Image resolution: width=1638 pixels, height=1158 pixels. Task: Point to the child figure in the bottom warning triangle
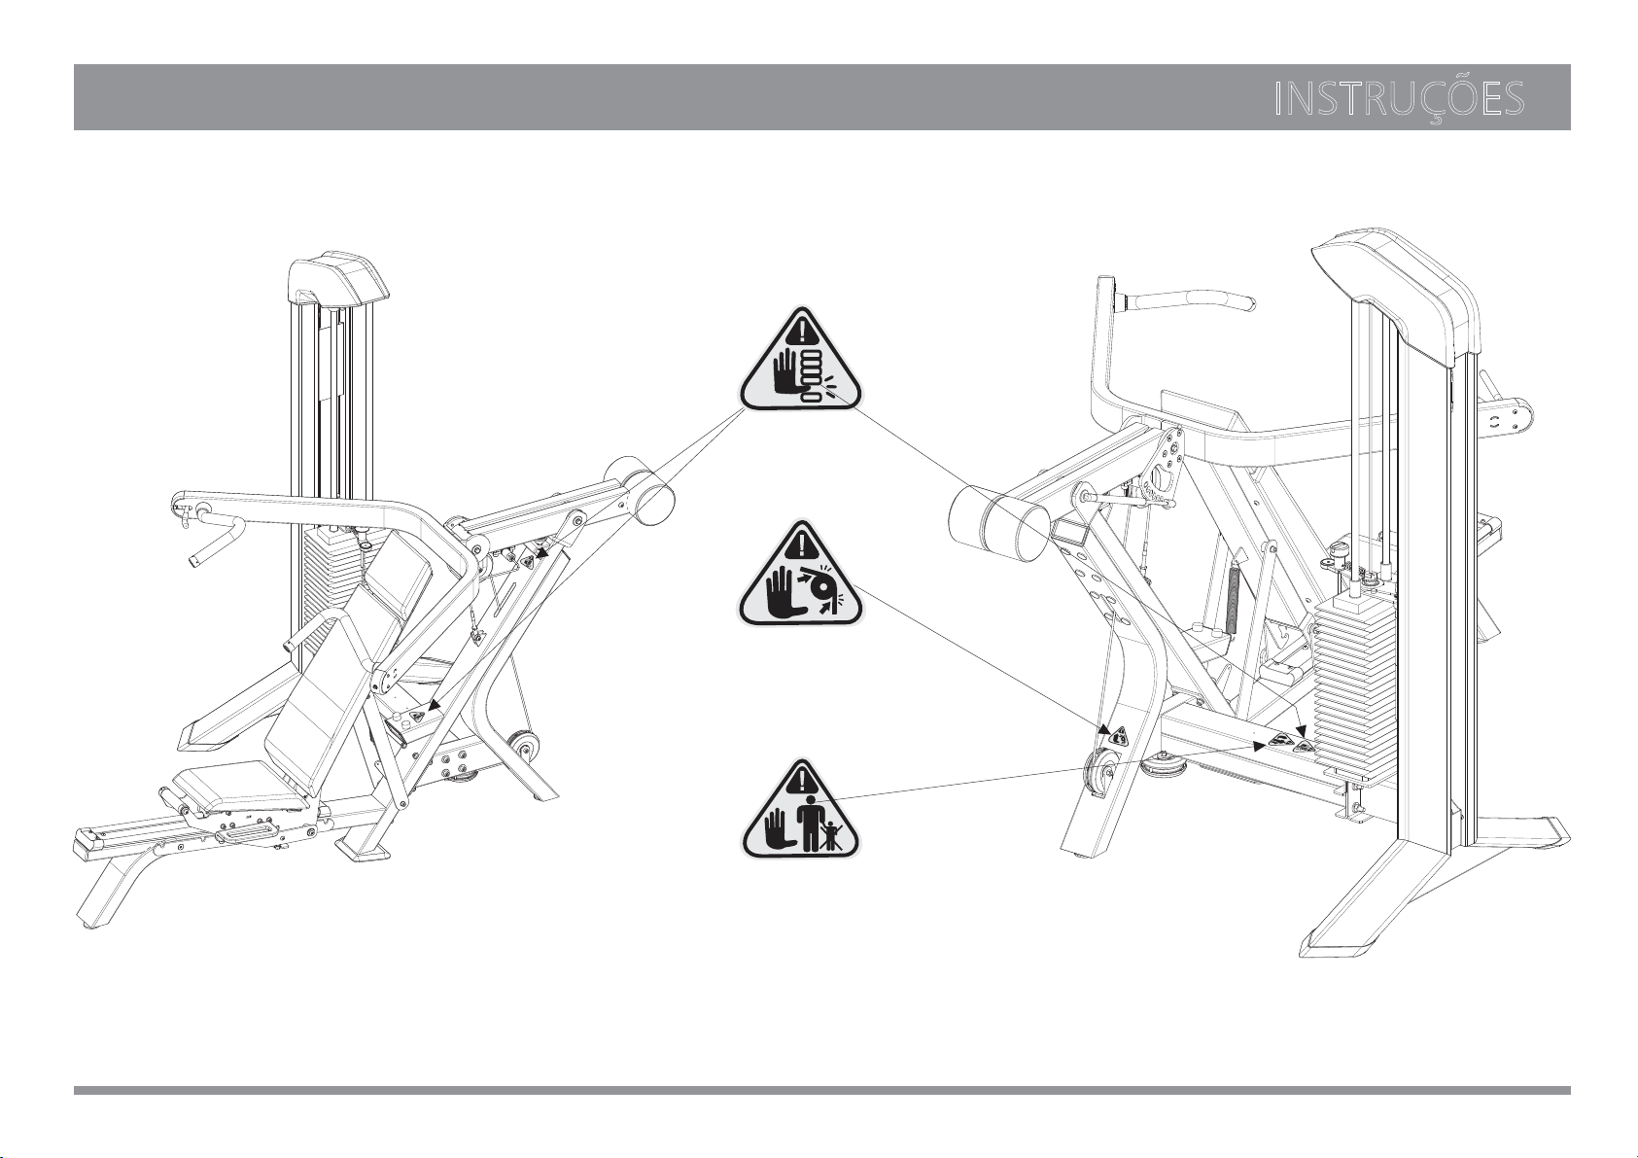831,833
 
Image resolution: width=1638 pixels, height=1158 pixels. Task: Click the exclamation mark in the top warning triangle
800,329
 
